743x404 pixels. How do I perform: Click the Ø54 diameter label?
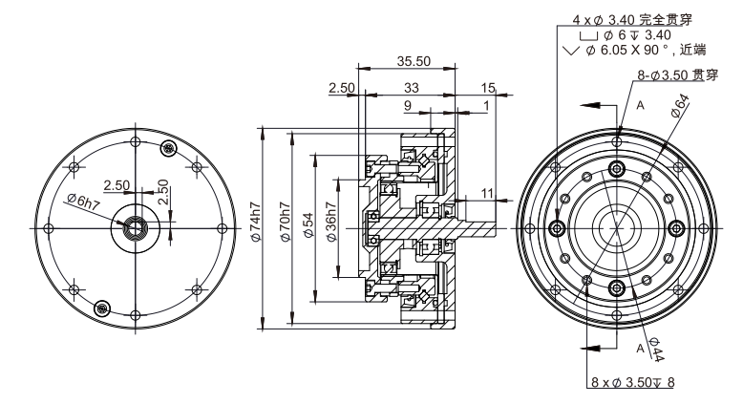pos(308,228)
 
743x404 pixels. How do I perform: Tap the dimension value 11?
pos(488,193)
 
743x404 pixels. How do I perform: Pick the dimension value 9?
pos(409,106)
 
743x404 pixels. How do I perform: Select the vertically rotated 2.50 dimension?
pos(163,192)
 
